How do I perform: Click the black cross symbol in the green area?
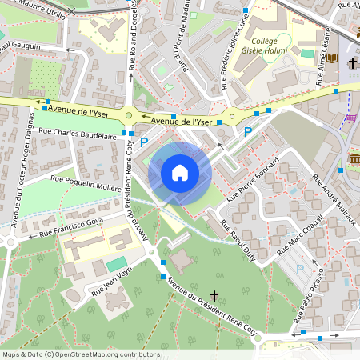tap(214, 295)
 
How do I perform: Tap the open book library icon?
tap(353, 62)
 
